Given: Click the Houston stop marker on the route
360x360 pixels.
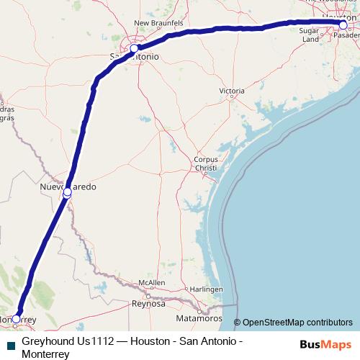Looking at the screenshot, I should point(343,25).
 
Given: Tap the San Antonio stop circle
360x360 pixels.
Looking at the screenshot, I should point(134,49).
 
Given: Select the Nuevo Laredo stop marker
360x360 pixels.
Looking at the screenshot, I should point(67,192).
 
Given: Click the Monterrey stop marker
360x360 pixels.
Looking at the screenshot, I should point(16,318).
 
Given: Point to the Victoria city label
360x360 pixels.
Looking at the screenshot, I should point(232,91).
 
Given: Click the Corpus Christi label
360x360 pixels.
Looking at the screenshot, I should point(205,163).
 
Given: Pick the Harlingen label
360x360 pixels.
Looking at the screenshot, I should point(210,289).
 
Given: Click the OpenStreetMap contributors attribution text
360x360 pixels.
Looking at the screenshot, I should point(297,322).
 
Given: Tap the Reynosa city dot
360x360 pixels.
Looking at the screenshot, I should point(148,296).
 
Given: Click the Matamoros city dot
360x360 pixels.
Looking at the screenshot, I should point(199,310).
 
